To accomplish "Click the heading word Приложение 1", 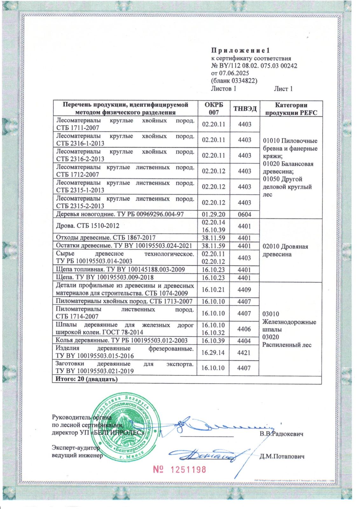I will (x=240, y=50).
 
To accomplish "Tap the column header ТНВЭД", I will (x=245, y=109).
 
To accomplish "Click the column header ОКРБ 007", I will (x=214, y=109).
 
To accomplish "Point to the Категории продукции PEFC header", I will (x=291, y=109).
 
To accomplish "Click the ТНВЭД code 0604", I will (x=245, y=214).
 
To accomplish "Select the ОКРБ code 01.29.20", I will (x=213, y=214).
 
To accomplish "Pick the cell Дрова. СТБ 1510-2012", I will (x=88, y=226).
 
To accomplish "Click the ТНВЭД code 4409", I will (x=244, y=290).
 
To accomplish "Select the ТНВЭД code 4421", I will (x=244, y=352).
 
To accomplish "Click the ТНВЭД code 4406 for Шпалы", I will (x=244, y=329).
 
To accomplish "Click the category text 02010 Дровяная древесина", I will (x=285, y=250).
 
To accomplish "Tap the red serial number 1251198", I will (x=180, y=470).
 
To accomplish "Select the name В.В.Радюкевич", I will (x=281, y=434).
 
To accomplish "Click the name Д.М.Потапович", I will (x=282, y=457).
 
